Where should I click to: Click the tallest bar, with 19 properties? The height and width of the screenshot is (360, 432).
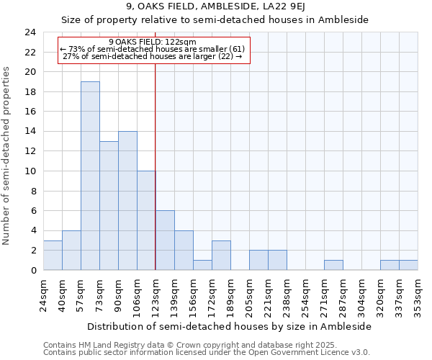90,176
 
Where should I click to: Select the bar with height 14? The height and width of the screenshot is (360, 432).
127,201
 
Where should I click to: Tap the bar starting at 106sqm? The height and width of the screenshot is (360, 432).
146,220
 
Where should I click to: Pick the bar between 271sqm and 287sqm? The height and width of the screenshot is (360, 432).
333,265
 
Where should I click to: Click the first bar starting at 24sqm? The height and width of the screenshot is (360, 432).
53,256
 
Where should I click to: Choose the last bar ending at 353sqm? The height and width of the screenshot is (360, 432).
408,265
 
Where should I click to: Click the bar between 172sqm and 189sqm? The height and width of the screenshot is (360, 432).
221,256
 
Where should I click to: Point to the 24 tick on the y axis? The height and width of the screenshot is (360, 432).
30,32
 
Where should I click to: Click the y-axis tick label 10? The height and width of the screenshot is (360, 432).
30,171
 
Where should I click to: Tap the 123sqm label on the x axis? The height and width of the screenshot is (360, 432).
156,296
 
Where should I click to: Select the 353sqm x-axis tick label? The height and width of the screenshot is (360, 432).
418,296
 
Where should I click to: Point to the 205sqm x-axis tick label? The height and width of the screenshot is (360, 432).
250,296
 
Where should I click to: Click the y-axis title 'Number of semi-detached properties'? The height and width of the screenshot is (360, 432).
7,156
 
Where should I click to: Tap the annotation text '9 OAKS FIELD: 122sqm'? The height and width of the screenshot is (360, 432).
153,42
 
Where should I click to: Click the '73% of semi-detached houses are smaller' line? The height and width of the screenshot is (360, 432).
153,49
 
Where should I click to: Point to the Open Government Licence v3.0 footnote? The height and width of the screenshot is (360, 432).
206,353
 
